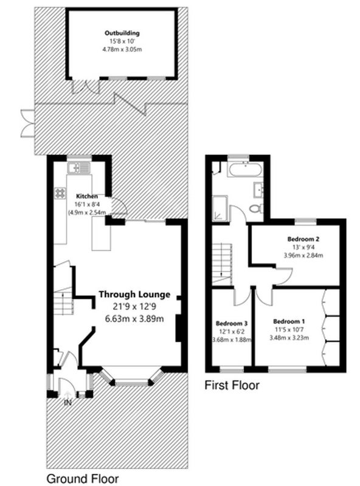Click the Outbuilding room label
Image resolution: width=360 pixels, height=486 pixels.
(122, 33)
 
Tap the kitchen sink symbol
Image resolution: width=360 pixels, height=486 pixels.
(79, 168)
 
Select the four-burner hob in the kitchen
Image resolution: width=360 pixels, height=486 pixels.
(60, 193)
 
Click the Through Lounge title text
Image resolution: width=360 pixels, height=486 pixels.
(134, 295)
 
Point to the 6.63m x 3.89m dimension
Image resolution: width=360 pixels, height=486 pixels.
(134, 318)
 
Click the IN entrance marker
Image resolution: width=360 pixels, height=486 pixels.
(67, 403)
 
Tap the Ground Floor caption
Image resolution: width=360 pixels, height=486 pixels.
(83, 479)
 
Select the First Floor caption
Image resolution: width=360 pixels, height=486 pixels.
(232, 385)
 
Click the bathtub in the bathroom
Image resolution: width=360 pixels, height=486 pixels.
(245, 169)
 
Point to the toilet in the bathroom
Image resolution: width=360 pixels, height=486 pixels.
(257, 208)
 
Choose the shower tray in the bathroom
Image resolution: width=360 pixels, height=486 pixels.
(220, 208)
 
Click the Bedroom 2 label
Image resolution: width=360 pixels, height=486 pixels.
(303, 239)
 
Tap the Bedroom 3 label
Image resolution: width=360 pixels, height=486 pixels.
(232, 324)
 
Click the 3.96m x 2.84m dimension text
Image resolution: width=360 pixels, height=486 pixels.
(303, 255)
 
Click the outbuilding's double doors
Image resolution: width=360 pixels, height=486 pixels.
(86, 86)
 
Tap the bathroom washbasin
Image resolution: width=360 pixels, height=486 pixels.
(258, 190)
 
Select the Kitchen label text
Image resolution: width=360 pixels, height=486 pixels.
(87, 196)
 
